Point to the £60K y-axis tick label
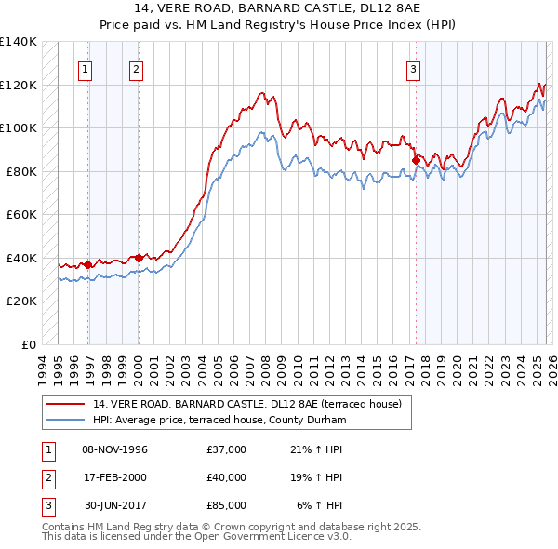(x=21, y=214)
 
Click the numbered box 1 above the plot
(x=85, y=68)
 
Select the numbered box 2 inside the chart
(x=136, y=68)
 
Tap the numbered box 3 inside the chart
(x=413, y=68)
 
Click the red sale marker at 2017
(x=416, y=160)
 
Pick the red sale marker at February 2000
(x=139, y=258)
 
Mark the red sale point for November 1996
(x=87, y=264)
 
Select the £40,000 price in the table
(x=227, y=477)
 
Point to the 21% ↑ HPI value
(x=316, y=449)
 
